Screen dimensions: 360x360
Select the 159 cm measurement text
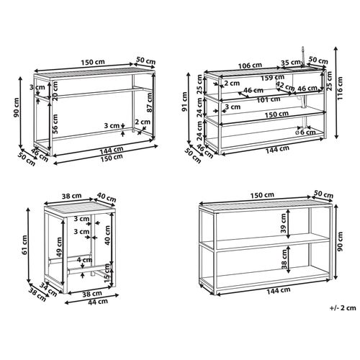(x=273, y=78)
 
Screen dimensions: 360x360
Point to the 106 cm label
(x=250, y=65)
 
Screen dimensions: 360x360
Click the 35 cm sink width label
(x=291, y=63)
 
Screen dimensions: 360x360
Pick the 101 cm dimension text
(x=269, y=99)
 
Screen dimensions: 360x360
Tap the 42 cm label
(x=285, y=86)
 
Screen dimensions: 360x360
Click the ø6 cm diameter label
(x=305, y=132)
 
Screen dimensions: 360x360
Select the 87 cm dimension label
(x=150, y=102)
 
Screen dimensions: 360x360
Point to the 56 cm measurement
(x=55, y=124)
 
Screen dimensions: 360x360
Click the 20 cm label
(x=55, y=91)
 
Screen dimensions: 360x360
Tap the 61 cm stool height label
(x=24, y=245)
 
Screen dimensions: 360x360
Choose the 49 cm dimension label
(x=59, y=247)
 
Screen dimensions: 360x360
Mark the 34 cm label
(x=48, y=289)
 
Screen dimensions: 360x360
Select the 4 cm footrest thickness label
(x=84, y=260)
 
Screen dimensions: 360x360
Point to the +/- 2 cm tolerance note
(x=343, y=308)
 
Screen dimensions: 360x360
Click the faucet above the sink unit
(x=303, y=56)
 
